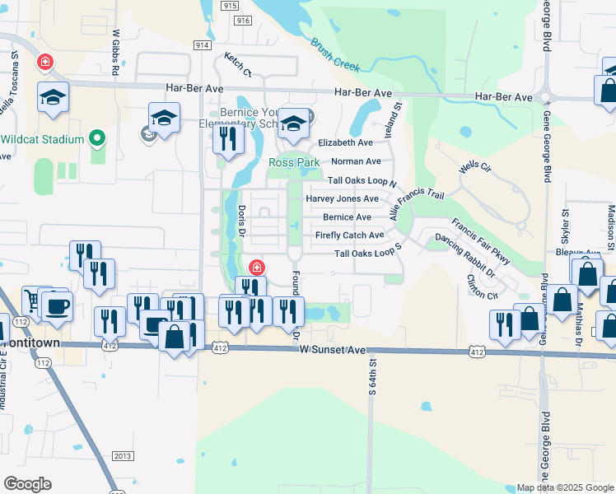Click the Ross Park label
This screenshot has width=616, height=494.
click(294, 163)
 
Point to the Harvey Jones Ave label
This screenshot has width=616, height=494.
click(342, 198)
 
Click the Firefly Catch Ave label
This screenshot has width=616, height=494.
click(349, 235)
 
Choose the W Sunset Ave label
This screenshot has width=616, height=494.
click(333, 350)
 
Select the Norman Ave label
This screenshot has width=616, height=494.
click(356, 161)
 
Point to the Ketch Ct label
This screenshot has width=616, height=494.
click(237, 63)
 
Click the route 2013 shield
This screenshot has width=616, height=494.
click(123, 456)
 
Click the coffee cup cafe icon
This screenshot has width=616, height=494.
click(56, 306)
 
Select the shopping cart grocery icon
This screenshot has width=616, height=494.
click(31, 301)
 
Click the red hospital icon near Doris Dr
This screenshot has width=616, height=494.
click(256, 268)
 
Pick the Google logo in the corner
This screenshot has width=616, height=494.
click(27, 483)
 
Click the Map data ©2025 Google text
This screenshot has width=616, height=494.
click(565, 487)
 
